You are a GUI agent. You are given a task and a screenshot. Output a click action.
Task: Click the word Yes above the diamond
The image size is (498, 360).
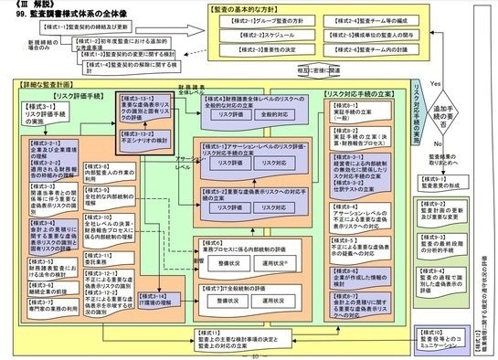pos(435,82)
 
